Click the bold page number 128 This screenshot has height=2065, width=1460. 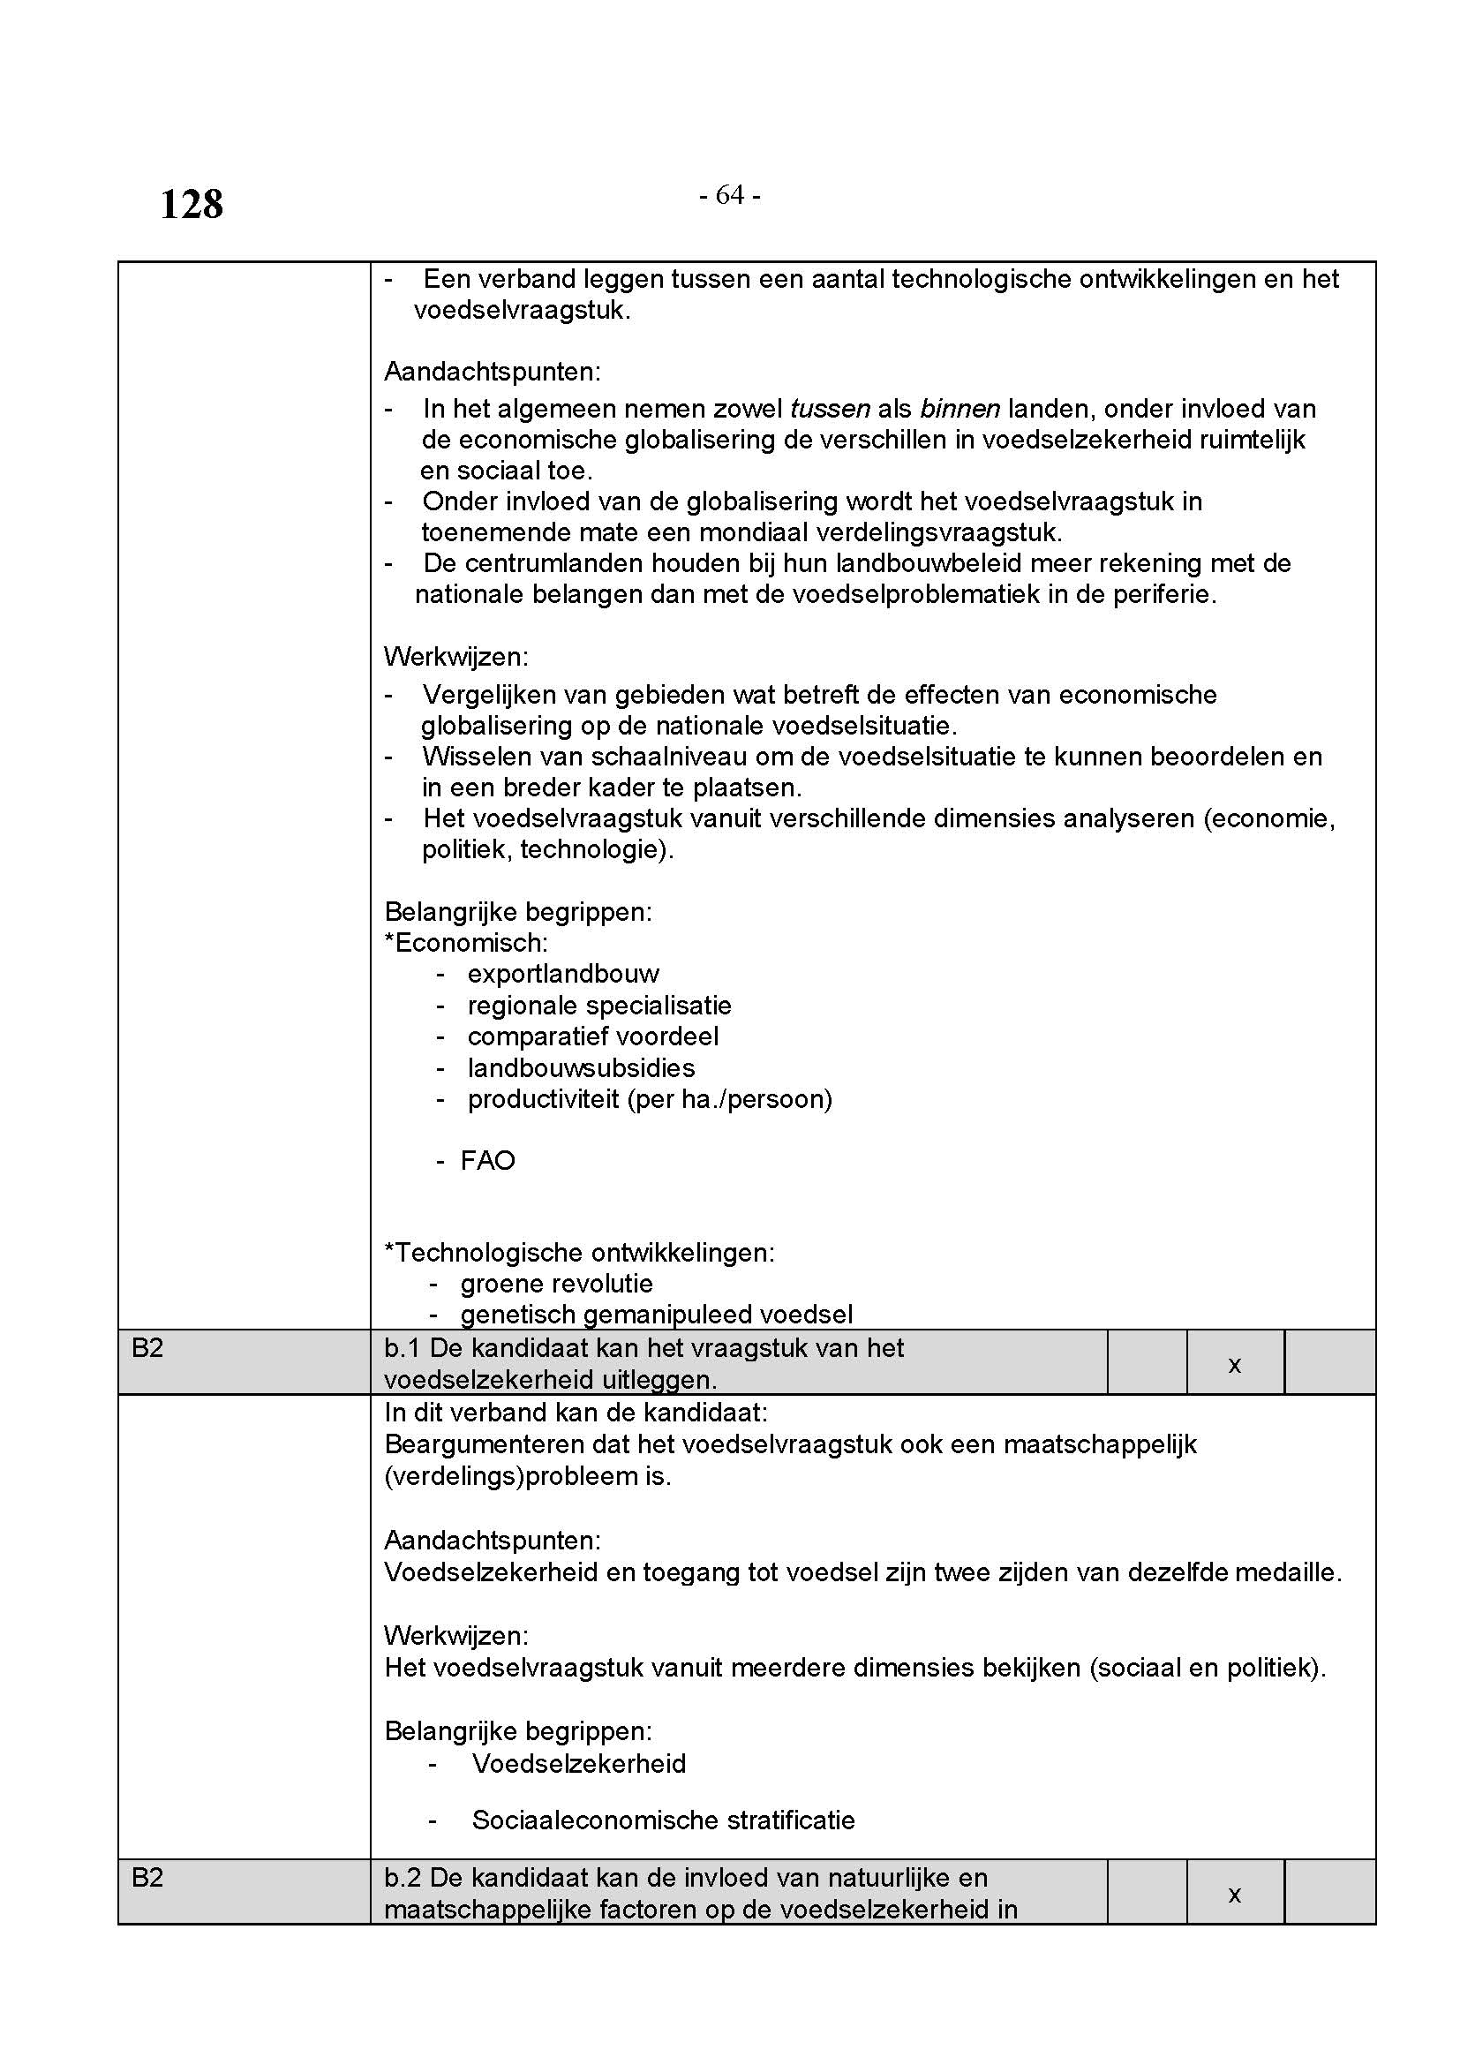pyautogui.click(x=192, y=204)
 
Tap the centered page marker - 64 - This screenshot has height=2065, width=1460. pyautogui.click(x=729, y=195)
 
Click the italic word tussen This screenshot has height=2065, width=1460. pyautogui.click(x=829, y=410)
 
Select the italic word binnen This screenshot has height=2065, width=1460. pyautogui.click(x=960, y=410)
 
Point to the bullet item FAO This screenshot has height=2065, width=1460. pyautogui.click(x=487, y=1161)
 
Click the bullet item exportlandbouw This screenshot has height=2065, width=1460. pyautogui.click(x=563, y=974)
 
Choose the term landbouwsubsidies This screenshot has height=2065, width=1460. pyautogui.click(x=581, y=1068)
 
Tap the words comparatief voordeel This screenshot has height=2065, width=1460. pyautogui.click(x=592, y=1037)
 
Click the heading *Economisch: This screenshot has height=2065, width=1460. pyautogui.click(x=466, y=943)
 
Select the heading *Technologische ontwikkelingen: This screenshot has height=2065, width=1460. pyautogui.click(x=579, y=1252)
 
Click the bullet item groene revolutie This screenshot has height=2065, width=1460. pyautogui.click(x=556, y=1284)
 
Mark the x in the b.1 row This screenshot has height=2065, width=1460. pyautogui.click(x=1234, y=1365)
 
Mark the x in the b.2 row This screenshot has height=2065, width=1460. pyautogui.click(x=1234, y=1895)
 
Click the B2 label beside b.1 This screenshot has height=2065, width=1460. pyautogui.click(x=148, y=1348)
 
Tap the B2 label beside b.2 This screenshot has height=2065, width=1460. pyautogui.click(x=148, y=1878)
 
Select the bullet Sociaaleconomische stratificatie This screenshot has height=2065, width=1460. pyautogui.click(x=663, y=1820)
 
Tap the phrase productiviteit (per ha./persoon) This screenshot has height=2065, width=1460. pyautogui.click(x=649, y=1099)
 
